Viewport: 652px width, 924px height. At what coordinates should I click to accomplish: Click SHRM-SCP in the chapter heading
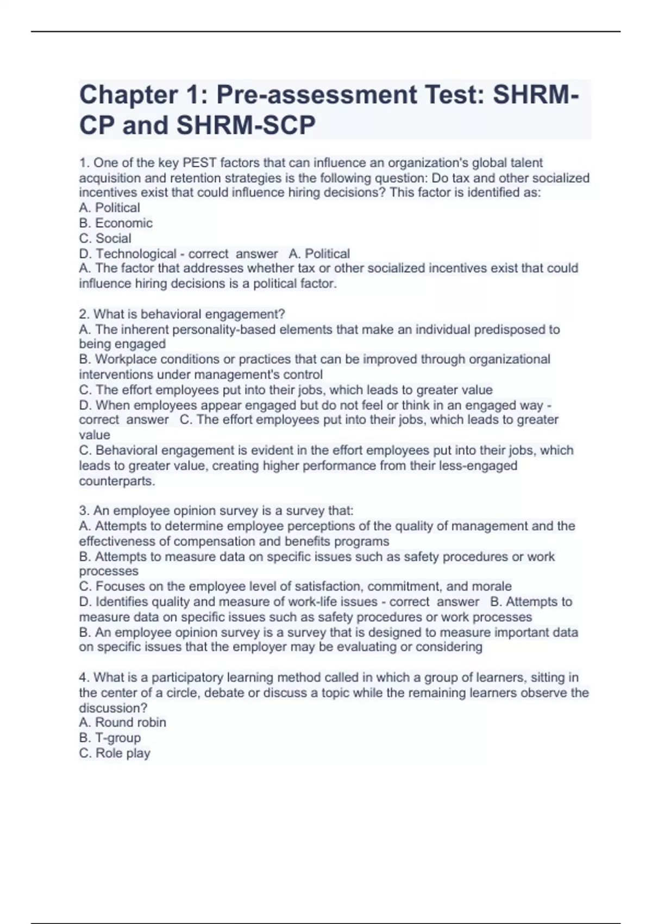(x=246, y=126)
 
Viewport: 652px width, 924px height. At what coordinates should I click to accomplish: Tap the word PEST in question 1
(x=199, y=163)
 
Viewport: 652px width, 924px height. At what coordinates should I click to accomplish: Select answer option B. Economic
(x=116, y=223)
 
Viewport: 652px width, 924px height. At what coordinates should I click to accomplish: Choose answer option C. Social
(x=105, y=239)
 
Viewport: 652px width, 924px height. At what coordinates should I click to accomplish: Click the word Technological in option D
(x=136, y=254)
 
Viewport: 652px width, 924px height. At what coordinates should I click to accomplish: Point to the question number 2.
(x=83, y=315)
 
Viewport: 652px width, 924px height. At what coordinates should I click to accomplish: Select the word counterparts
(x=117, y=482)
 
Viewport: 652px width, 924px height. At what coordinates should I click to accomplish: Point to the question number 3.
(x=83, y=511)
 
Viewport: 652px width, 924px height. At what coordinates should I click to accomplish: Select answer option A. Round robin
(x=123, y=723)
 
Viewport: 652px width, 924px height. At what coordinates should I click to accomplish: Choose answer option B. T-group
(x=110, y=738)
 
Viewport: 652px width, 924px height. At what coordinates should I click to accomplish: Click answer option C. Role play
(x=115, y=753)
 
